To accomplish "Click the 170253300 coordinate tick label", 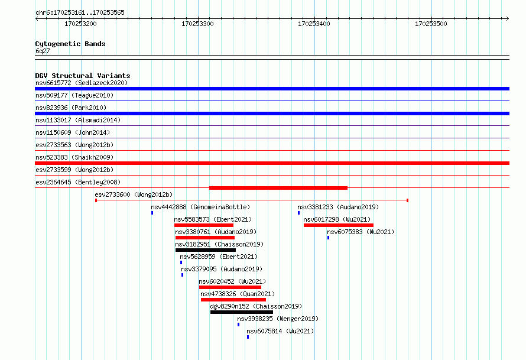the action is (x=197, y=24).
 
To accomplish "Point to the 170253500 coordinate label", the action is (x=431, y=24).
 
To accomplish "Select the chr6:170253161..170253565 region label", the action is (x=80, y=13).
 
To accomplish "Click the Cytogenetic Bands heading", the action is (x=70, y=44).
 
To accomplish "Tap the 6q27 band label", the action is (x=43, y=51).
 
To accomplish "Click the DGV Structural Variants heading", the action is (x=83, y=76).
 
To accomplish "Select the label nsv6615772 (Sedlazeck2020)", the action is (x=82, y=83).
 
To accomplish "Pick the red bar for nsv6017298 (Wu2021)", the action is (x=339, y=225).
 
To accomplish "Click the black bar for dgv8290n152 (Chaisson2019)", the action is (x=242, y=312).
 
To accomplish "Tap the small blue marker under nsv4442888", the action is (x=152, y=213).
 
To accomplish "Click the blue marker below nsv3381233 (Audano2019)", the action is (x=298, y=213).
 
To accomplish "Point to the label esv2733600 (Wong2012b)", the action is (x=134, y=194).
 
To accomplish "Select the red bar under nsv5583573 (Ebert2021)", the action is (x=204, y=225).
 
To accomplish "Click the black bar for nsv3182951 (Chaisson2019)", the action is (x=206, y=250).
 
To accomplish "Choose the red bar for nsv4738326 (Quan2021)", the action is (x=233, y=300).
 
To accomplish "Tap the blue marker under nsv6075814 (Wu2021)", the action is (x=248, y=337).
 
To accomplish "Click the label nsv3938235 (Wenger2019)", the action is (x=278, y=319).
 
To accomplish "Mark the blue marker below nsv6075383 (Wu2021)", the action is (x=328, y=238).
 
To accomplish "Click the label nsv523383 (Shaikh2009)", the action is (x=74, y=157).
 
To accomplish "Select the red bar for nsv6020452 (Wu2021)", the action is (x=230, y=287).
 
